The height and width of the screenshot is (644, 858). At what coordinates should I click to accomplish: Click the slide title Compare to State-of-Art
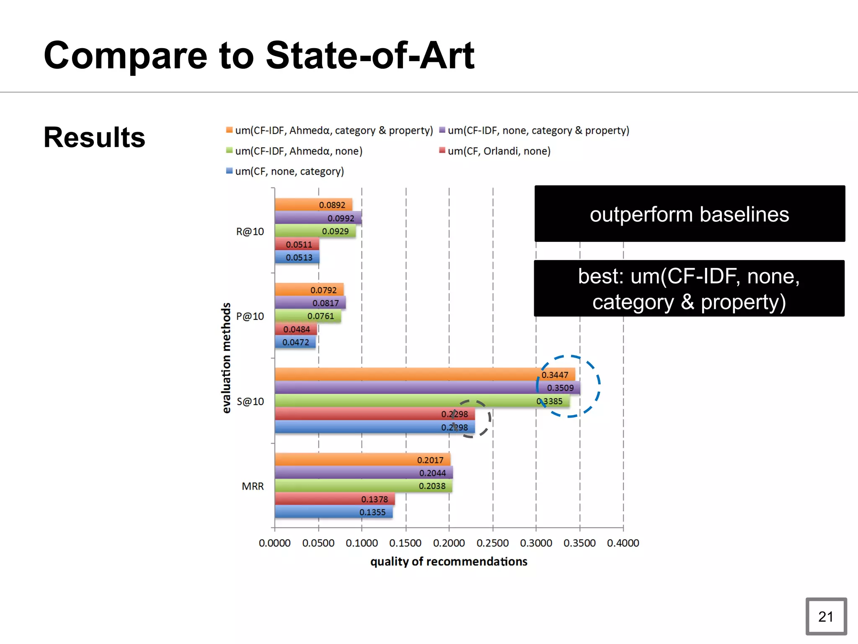pyautogui.click(x=259, y=55)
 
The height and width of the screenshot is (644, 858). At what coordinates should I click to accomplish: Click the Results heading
pyautogui.click(x=94, y=138)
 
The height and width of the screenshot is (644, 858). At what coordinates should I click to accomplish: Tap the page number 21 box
pyautogui.click(x=826, y=616)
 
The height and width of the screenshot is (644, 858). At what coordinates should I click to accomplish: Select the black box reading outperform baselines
pyautogui.click(x=689, y=214)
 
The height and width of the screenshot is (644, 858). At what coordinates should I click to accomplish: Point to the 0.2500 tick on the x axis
pyautogui.click(x=493, y=543)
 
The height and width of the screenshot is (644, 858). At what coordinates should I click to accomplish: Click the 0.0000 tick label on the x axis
pyautogui.click(x=274, y=543)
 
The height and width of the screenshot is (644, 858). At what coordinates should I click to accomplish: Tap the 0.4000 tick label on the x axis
pyautogui.click(x=623, y=543)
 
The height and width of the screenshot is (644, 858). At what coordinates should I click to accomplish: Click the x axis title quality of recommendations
pyautogui.click(x=449, y=561)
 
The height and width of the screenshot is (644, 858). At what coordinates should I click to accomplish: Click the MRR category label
pyautogui.click(x=253, y=486)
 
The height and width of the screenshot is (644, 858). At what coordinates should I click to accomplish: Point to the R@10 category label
pyautogui.click(x=250, y=231)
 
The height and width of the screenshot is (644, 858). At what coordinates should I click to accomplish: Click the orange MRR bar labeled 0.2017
pyautogui.click(x=362, y=460)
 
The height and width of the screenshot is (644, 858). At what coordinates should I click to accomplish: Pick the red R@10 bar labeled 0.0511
pyautogui.click(x=297, y=244)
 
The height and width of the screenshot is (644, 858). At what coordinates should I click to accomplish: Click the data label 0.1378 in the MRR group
pyautogui.click(x=375, y=499)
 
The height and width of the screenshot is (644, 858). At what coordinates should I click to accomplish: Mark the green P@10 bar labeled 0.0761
pyautogui.click(x=308, y=316)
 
